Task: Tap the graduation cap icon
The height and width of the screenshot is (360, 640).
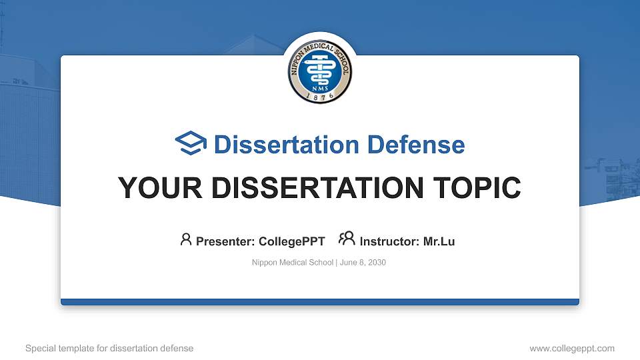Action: [191, 144]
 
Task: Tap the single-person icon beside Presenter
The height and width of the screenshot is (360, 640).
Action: [186, 239]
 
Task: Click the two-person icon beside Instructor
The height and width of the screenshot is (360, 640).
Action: [347, 239]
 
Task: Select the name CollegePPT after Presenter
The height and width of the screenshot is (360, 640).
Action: [291, 241]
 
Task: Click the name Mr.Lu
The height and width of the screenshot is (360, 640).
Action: [439, 241]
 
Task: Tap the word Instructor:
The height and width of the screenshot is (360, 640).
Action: [390, 241]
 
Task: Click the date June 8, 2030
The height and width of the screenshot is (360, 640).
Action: [363, 263]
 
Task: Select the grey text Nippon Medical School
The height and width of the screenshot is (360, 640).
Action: [292, 263]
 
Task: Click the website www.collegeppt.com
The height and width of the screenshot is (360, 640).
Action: [572, 348]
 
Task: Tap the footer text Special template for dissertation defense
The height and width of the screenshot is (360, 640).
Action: [109, 348]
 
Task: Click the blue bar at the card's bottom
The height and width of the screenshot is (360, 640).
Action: [320, 302]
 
